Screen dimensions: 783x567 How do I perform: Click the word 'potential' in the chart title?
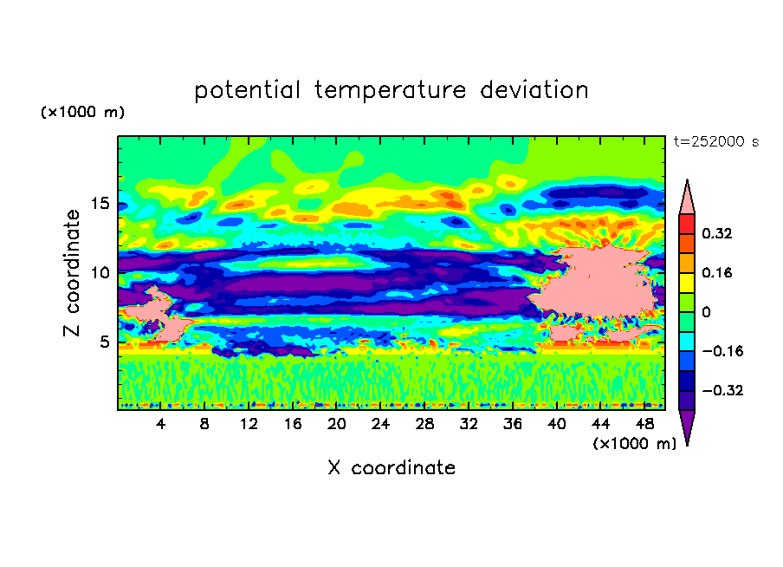(x=247, y=90)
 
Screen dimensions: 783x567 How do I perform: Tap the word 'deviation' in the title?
(x=534, y=89)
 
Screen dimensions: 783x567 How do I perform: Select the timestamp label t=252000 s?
(x=716, y=141)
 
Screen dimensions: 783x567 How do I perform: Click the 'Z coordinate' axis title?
(x=72, y=273)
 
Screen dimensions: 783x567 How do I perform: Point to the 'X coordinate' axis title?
(x=391, y=467)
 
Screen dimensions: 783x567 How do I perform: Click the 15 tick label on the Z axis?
(x=100, y=204)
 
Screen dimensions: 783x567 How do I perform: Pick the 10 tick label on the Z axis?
(x=100, y=273)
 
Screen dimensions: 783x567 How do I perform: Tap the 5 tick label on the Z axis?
(x=104, y=342)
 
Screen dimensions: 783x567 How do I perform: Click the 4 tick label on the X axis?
(x=160, y=424)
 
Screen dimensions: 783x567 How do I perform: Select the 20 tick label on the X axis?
(x=337, y=424)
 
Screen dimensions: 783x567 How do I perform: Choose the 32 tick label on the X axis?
(x=469, y=424)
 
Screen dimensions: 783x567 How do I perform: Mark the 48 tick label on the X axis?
(x=644, y=424)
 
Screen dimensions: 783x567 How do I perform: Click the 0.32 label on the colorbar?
(x=717, y=233)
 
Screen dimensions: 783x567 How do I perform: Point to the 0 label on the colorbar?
(x=706, y=312)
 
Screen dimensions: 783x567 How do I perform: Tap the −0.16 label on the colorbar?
(x=722, y=351)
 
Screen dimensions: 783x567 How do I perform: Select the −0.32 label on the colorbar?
(x=722, y=390)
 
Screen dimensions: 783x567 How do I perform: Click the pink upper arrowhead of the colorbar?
(x=687, y=200)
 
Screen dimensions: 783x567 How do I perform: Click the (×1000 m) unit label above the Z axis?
(x=82, y=112)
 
